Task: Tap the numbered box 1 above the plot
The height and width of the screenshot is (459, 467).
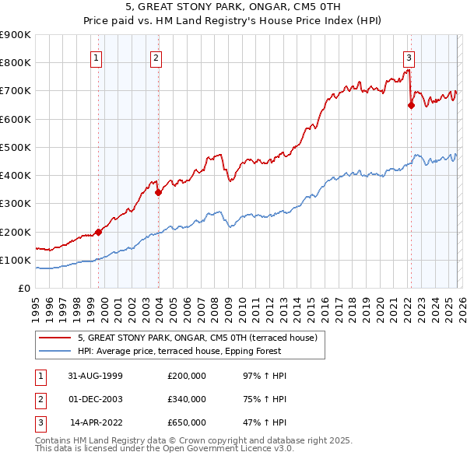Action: click(x=96, y=57)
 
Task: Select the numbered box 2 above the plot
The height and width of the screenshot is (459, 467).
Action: click(x=156, y=57)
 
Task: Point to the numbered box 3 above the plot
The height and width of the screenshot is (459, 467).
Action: click(x=408, y=57)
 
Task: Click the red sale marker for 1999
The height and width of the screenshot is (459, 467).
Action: click(x=99, y=232)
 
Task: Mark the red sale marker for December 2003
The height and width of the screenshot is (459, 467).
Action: click(x=158, y=192)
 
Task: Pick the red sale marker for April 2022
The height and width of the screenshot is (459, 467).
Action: click(x=410, y=106)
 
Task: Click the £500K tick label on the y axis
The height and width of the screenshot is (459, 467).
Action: click(x=16, y=147)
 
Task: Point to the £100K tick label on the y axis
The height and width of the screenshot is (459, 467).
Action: click(x=16, y=260)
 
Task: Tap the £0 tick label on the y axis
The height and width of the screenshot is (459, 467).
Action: click(x=23, y=288)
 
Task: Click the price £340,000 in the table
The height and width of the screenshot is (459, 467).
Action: click(x=186, y=399)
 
